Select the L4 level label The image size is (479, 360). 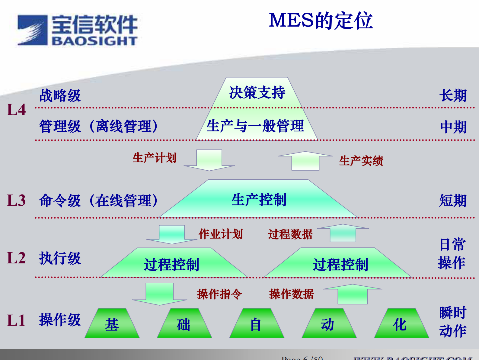[x=16, y=110]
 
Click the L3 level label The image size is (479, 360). [x=16, y=200]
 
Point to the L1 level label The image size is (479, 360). [x=16, y=320]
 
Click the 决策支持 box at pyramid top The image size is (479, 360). [x=257, y=92]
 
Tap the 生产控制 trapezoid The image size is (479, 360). [x=259, y=200]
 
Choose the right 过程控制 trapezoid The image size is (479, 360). [x=340, y=264]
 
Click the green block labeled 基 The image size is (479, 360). [x=112, y=324]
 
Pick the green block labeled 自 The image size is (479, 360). [x=256, y=324]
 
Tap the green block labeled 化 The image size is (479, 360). [x=401, y=324]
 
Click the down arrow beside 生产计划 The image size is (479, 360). [x=209, y=160]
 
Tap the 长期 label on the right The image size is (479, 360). [x=453, y=95]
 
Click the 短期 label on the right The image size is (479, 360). [x=453, y=201]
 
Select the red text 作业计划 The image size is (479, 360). [x=221, y=234]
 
